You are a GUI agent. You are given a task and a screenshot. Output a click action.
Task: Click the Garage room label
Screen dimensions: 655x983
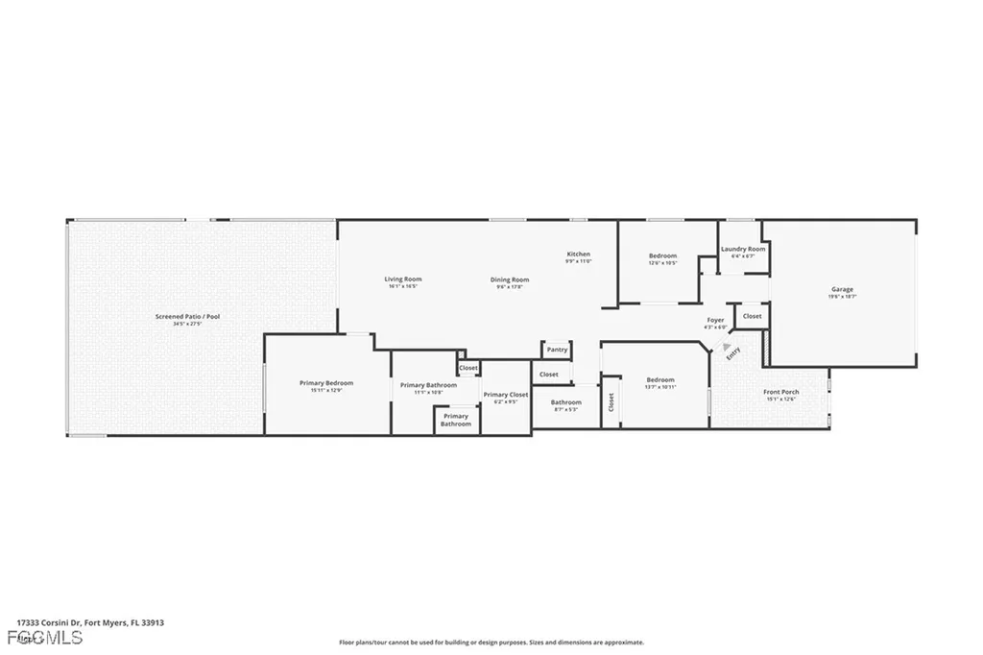click(842, 289)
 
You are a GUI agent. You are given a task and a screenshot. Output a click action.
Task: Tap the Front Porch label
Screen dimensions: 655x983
click(780, 392)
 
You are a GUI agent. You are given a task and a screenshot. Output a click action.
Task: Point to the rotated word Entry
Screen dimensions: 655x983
click(733, 353)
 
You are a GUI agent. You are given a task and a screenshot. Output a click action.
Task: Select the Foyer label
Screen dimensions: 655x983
click(715, 320)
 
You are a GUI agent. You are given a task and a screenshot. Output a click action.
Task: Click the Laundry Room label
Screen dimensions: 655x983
click(743, 249)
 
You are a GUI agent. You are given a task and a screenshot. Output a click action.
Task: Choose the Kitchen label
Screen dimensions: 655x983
click(577, 254)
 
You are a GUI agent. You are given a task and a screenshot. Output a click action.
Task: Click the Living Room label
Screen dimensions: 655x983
click(403, 279)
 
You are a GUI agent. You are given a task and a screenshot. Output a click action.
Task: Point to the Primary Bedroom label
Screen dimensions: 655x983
click(326, 382)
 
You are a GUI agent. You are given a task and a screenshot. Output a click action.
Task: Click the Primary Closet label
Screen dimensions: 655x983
click(505, 394)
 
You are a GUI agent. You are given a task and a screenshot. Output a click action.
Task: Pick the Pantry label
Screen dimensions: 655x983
click(557, 350)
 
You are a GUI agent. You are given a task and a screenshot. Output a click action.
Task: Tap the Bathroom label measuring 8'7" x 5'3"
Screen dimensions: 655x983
click(565, 402)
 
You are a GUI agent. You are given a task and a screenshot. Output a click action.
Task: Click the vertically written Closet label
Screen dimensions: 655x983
click(611, 403)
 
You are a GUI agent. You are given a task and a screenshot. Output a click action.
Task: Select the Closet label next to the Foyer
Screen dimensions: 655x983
click(752, 316)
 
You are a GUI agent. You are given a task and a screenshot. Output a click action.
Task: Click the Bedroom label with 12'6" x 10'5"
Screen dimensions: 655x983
click(662, 255)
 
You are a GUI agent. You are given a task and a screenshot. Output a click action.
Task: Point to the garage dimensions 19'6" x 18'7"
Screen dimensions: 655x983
click(842, 297)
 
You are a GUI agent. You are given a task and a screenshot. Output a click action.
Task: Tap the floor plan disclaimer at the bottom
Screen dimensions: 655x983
click(491, 643)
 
